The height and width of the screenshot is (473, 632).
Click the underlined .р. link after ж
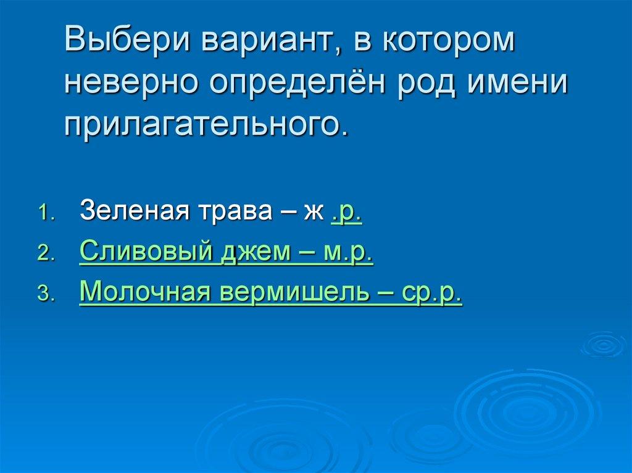[x=346, y=212]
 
